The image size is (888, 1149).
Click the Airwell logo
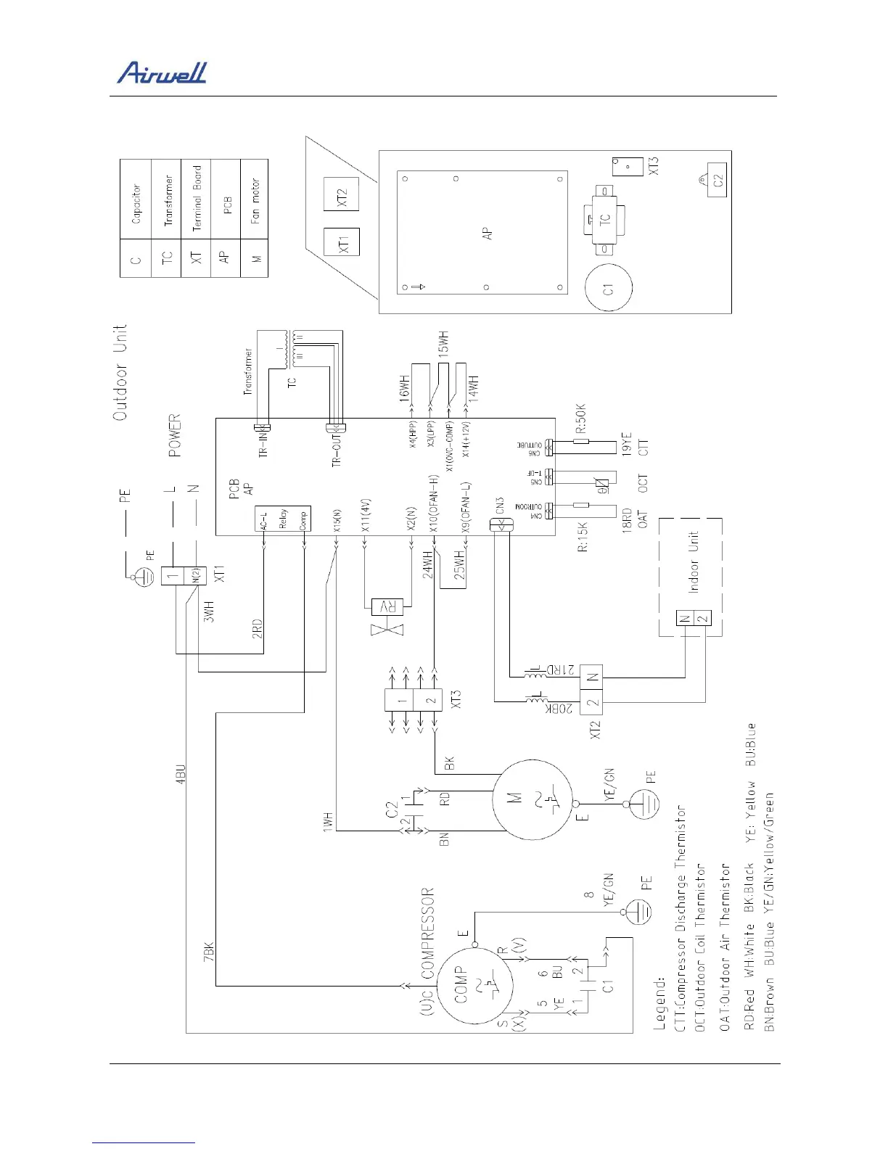point(162,73)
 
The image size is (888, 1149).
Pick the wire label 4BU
point(181,773)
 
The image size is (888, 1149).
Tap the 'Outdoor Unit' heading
point(120,371)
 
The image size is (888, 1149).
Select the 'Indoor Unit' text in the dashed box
point(694,562)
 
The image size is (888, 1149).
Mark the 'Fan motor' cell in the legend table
point(255,201)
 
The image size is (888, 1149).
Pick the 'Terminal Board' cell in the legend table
point(197,199)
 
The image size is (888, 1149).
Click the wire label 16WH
point(405,386)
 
